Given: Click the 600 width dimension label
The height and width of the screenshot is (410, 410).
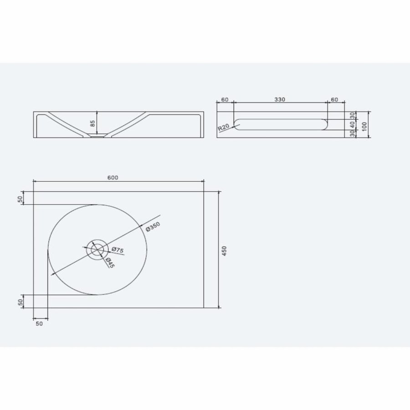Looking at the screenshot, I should pos(113,178).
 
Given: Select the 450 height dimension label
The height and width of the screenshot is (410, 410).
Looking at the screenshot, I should pos(224,250).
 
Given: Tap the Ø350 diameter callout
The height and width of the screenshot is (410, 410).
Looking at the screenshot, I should pos(153,227).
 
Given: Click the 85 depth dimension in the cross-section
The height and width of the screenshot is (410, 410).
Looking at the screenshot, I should pos(93,123).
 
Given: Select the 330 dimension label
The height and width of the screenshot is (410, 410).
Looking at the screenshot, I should pos(280,100).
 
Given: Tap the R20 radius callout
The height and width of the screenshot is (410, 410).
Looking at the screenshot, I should pos(224,127).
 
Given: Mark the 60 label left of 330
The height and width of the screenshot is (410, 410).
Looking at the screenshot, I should pos(224,100).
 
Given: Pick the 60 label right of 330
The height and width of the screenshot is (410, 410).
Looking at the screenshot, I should pos(334,100).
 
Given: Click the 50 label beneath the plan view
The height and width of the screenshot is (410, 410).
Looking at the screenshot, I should pos(39,323).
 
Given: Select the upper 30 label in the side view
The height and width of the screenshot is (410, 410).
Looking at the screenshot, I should pos(351,115).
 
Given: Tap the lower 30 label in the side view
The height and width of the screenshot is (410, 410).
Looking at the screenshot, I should pos(351,133).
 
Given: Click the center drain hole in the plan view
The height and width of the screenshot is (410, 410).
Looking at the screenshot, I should pos(97,250).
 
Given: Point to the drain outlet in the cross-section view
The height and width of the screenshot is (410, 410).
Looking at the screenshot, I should pos(97,136).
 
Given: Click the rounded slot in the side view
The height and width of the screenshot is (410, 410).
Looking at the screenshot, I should pos(280,124).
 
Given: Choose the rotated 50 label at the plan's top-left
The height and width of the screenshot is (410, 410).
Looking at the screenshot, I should pos(20,199).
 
